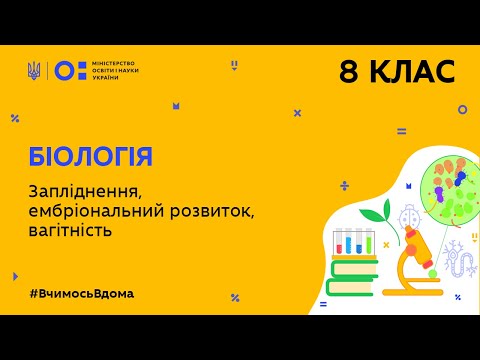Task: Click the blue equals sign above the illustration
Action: (x=401, y=131)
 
